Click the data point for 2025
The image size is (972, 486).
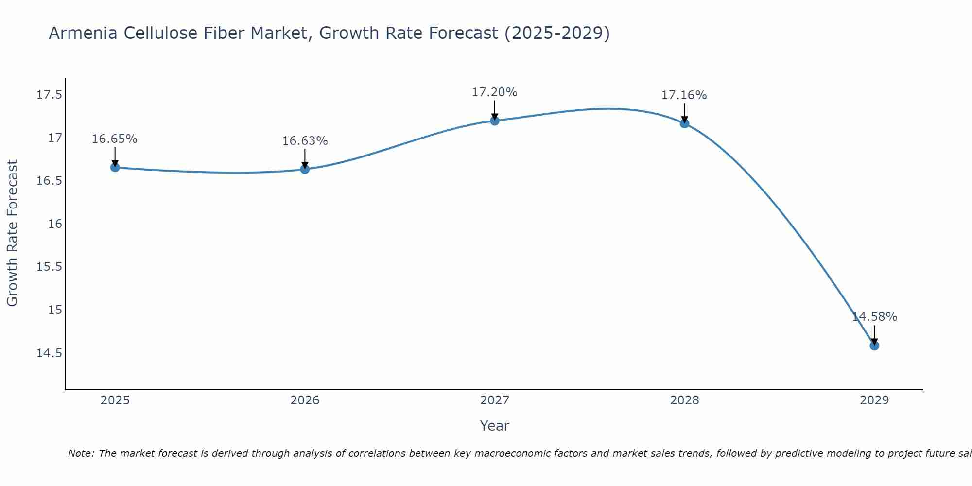click(115, 168)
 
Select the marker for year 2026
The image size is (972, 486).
click(305, 169)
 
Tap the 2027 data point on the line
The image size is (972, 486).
click(495, 121)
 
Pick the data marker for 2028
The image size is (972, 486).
click(684, 123)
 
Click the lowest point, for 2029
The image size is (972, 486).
click(874, 346)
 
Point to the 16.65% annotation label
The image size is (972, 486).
click(115, 139)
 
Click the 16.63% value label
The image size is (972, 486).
click(305, 141)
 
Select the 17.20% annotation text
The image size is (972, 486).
click(495, 92)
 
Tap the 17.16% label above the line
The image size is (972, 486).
click(684, 95)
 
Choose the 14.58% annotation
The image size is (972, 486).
click(874, 317)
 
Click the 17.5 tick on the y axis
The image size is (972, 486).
click(50, 95)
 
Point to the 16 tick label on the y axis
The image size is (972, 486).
click(55, 224)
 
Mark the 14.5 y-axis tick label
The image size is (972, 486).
click(50, 353)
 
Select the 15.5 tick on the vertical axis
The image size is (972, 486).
click(50, 267)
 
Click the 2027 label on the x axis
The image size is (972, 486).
click(495, 400)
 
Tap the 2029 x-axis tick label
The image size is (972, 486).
click(874, 400)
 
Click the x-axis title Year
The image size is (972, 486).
click(495, 426)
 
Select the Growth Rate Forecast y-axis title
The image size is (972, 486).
click(13, 233)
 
